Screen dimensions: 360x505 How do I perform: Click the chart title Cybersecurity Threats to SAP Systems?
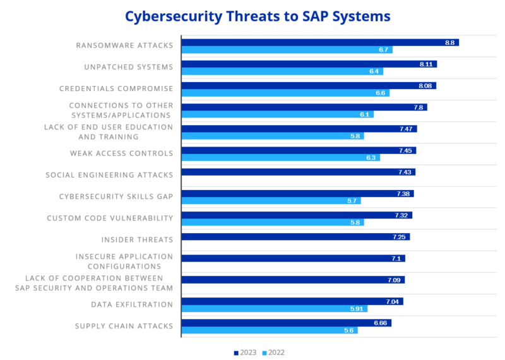(x=257, y=15)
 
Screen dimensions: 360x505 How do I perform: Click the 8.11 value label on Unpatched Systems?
(x=425, y=64)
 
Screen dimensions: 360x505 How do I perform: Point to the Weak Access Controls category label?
(x=121, y=153)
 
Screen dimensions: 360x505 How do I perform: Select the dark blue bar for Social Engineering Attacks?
(x=297, y=172)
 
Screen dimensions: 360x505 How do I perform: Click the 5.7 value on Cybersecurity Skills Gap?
(x=352, y=201)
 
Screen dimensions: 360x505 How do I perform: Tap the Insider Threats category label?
(x=137, y=239)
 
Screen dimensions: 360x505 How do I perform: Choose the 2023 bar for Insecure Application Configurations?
(x=292, y=258)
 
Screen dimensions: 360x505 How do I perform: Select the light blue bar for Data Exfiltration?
(x=273, y=309)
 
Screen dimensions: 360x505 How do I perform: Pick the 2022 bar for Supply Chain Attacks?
(x=269, y=330)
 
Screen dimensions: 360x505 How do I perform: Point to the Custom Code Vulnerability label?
(x=110, y=218)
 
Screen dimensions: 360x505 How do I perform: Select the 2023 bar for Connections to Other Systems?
(x=304, y=107)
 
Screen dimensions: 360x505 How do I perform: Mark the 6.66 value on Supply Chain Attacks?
(x=380, y=323)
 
